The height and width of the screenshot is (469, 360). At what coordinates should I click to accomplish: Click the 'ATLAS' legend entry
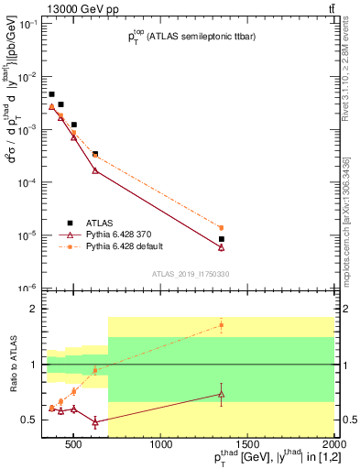pyautogui.click(x=101, y=223)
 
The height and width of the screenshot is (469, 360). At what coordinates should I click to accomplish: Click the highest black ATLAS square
pyautogui.click(x=51, y=94)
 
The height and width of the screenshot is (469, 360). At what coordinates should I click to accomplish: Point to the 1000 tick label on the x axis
pyautogui.click(x=161, y=446)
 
